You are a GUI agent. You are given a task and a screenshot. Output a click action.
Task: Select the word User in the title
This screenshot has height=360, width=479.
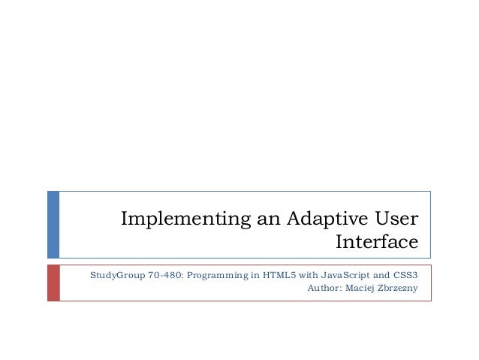pyautogui.click(x=395, y=219)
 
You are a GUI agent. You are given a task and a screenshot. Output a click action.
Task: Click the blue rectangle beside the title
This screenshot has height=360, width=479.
pyautogui.click(x=53, y=224)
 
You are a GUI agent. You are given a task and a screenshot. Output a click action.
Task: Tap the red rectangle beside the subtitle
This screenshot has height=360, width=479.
pyautogui.click(x=53, y=283)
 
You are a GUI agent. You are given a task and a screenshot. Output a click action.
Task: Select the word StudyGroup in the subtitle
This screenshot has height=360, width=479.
pyautogui.click(x=114, y=275)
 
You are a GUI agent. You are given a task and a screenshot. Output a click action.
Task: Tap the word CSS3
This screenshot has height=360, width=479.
pyautogui.click(x=405, y=275)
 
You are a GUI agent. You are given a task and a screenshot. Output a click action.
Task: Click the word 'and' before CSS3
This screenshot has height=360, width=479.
pyautogui.click(x=380, y=275)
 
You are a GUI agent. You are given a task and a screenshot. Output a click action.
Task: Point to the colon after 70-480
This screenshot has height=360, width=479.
pyautogui.click(x=181, y=276)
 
